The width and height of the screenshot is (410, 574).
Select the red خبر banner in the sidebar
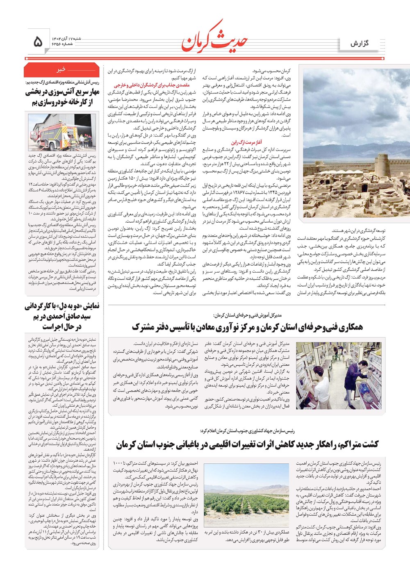pyautogui.click(x=61, y=70)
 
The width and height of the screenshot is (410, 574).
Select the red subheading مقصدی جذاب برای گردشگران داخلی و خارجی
pyautogui.click(x=152, y=85)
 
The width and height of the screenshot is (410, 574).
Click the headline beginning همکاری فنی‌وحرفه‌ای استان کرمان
pyautogui.click(x=247, y=327)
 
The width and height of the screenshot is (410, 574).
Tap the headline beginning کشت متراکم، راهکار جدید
pyautogui.click(x=247, y=444)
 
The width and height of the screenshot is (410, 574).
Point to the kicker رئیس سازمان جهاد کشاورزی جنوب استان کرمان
pyautogui.click(x=247, y=431)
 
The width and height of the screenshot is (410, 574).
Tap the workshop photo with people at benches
pyautogui.click(x=338, y=376)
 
